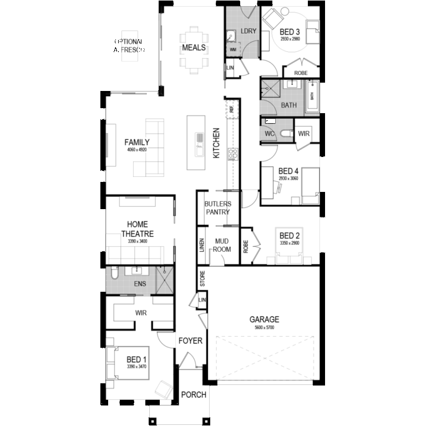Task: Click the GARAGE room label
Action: coord(264,319)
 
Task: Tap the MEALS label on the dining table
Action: coord(194,48)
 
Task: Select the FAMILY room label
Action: coord(136,143)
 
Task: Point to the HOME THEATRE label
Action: coord(137,229)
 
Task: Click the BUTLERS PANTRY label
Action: coord(217,207)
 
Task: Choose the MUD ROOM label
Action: coord(222,245)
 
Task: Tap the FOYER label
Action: coord(190,341)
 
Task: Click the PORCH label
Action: coord(194,395)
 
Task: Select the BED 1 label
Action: coord(137,359)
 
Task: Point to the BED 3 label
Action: coord(289,31)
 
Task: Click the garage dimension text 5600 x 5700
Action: coord(264,328)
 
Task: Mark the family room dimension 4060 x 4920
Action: coord(136,150)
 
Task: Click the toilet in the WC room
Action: coord(286,133)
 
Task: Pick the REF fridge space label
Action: coord(231,109)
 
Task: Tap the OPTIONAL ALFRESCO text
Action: coord(129,45)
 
